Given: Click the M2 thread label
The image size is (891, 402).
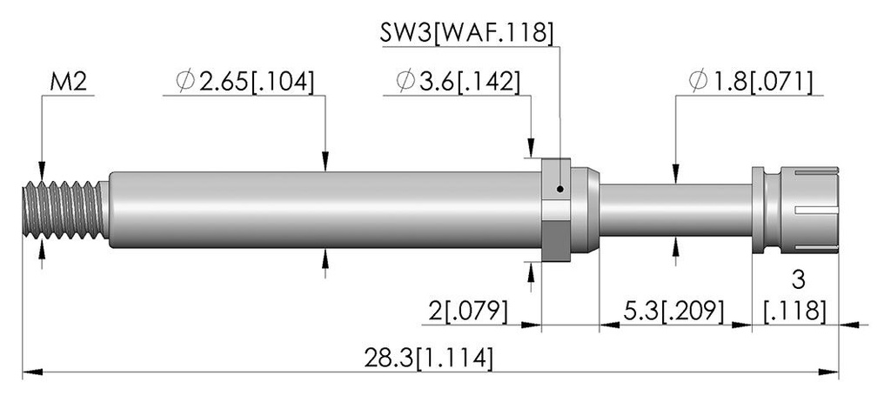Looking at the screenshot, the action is click(68, 83).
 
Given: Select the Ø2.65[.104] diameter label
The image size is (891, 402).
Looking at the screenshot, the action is click(245, 82).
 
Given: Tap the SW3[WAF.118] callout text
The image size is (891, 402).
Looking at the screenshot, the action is click(466, 33).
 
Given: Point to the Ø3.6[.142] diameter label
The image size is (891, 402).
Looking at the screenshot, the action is click(458, 82).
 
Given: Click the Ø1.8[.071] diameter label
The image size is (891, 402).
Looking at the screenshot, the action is click(750, 82).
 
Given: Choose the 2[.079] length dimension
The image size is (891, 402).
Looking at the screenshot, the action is click(467, 311).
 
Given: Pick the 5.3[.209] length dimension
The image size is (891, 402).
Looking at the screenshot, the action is click(674, 311).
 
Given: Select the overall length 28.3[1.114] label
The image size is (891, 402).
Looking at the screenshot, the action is click(428, 358).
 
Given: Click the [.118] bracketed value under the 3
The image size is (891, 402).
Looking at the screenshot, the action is click(795, 311).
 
